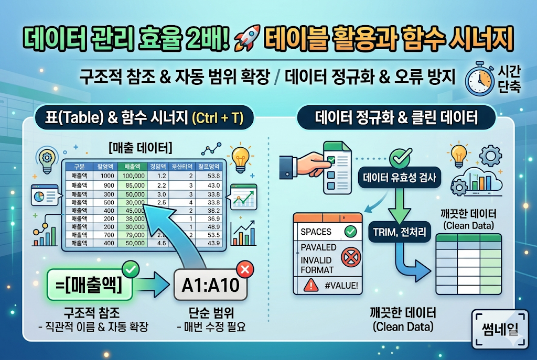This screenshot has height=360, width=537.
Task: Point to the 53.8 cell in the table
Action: (x=213, y=175)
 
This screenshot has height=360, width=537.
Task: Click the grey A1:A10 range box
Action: (x=210, y=286)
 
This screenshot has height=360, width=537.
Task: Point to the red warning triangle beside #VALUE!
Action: (x=310, y=285)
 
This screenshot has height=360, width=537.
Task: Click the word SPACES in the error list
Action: (x=316, y=231)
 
